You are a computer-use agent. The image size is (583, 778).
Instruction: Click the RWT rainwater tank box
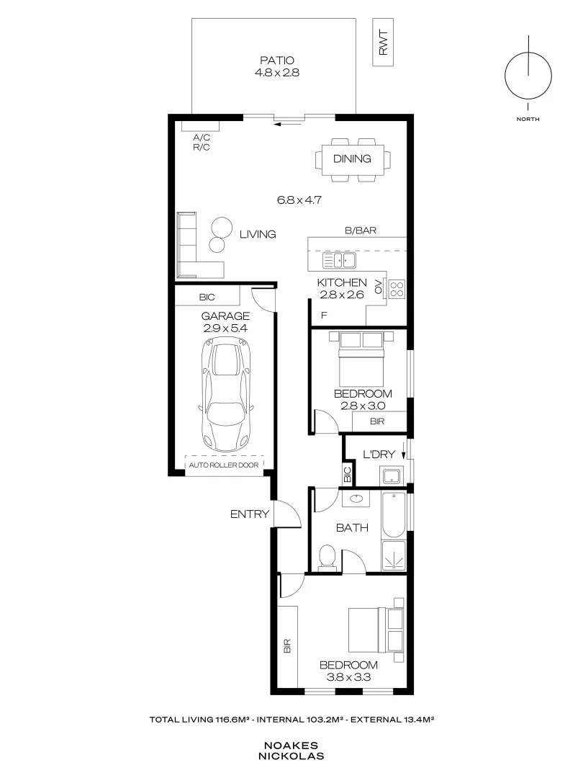pos(383,43)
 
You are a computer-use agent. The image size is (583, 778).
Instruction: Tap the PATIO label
pos(277,61)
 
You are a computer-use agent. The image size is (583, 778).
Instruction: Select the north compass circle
pos(528,76)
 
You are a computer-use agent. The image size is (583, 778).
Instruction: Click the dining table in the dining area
pos(353,159)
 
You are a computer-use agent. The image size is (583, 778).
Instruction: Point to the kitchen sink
pos(339,260)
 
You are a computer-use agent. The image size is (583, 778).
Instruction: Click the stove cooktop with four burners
pos(397,289)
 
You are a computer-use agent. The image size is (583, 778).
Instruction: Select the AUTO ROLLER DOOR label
pos(224,465)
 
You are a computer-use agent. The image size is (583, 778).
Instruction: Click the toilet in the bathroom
pos(327,555)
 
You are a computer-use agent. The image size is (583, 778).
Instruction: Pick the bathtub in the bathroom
pos(394,514)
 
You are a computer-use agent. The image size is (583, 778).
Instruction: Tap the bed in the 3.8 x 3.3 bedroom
pos(376,630)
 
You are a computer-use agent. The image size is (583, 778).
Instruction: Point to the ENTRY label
pos(249,514)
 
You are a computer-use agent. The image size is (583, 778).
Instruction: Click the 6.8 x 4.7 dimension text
pos(299,200)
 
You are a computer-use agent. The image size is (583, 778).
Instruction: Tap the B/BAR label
pos(361,231)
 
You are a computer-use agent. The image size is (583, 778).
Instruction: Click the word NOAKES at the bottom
pos(291,746)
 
